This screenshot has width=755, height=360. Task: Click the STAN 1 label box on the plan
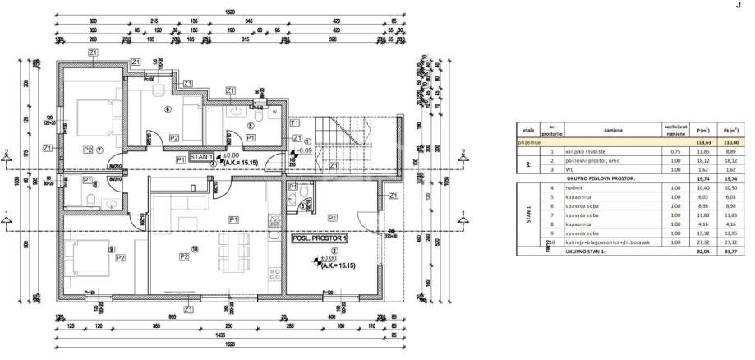(203, 156)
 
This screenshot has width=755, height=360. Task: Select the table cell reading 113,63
(702, 141)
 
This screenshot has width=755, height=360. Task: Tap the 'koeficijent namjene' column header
(676, 130)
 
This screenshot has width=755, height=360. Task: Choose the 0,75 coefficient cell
(676, 151)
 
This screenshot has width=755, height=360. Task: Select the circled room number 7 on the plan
(99, 150)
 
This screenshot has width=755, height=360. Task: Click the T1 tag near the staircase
(295, 122)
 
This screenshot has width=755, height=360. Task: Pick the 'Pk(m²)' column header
(730, 130)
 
